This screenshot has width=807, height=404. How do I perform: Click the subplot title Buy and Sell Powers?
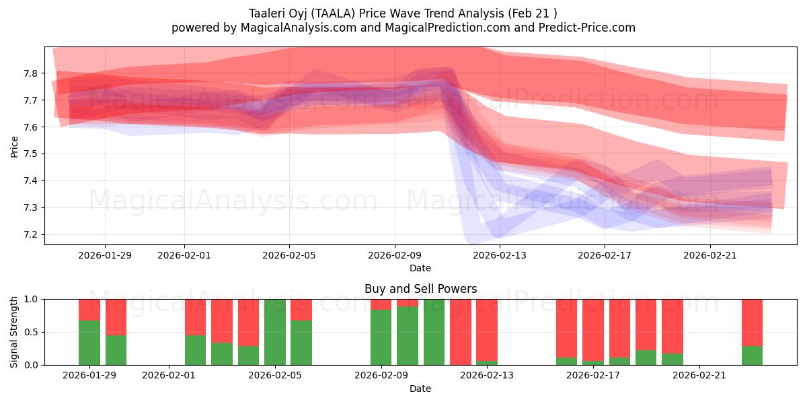(420, 289)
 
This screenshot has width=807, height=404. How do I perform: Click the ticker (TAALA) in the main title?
(340, 13)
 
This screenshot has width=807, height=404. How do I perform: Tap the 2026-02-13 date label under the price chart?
(500, 255)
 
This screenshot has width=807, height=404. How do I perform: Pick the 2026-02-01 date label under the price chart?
(184, 255)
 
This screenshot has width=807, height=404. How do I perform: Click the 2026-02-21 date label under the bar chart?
(699, 375)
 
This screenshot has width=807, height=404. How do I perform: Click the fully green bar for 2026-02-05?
(275, 332)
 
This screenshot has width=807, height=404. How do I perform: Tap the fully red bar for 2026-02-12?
(461, 332)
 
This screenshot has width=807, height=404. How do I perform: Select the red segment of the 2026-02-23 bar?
(752, 322)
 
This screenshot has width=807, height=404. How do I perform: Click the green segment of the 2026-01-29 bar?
(89, 343)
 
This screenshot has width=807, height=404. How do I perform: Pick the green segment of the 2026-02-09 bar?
(381, 337)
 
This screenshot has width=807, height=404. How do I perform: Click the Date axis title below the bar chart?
(420, 389)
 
